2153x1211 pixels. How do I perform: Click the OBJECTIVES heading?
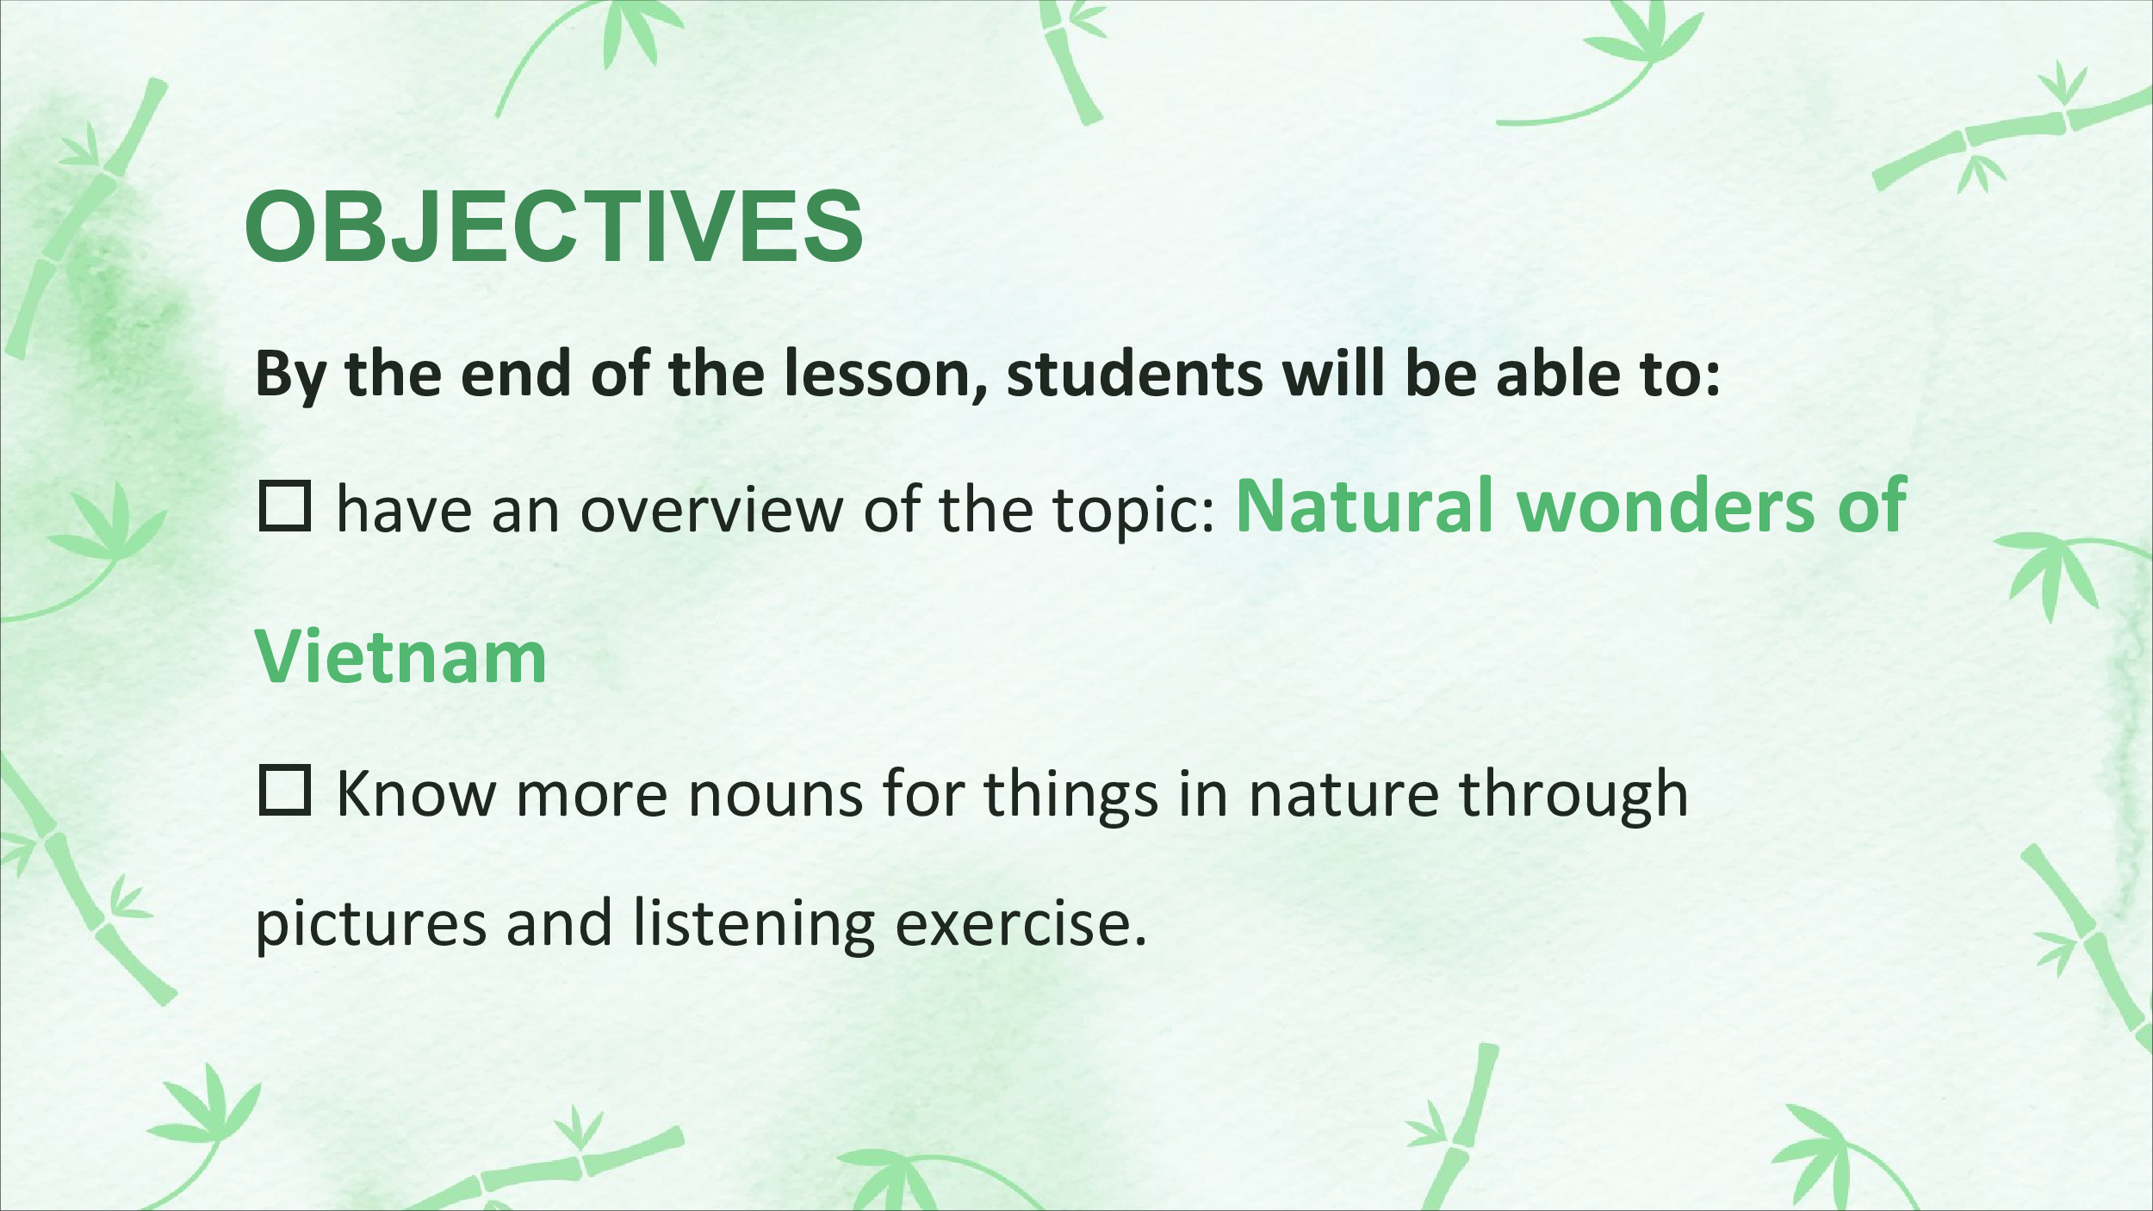554,226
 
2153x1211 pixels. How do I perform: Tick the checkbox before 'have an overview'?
284,506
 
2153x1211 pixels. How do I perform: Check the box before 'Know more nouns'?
284,790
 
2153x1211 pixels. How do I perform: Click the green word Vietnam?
400,658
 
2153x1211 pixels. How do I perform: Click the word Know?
416,792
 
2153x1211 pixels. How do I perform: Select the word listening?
754,924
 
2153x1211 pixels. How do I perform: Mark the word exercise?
1021,922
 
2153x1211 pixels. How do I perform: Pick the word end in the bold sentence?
515,374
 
